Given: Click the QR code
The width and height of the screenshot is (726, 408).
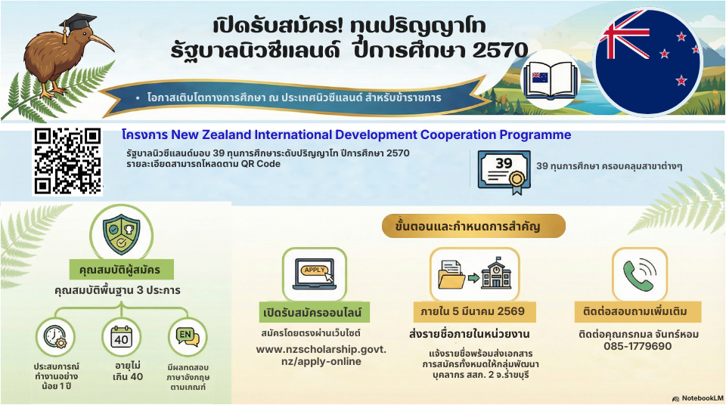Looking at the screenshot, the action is (67, 161).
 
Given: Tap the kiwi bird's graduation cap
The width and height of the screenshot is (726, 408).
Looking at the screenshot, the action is (77, 22).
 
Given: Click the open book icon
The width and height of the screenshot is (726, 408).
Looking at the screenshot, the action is (550, 79).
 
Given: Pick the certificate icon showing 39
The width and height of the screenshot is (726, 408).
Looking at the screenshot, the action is (504, 172).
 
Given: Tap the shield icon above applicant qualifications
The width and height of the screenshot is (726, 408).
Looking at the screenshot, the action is (121, 233).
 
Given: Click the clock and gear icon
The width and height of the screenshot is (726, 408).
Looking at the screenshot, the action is (55, 337).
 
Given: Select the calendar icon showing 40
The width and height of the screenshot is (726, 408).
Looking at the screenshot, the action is (121, 337).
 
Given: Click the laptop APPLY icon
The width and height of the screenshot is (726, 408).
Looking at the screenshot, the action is (315, 274).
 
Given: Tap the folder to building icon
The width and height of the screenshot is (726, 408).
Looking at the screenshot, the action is (474, 274).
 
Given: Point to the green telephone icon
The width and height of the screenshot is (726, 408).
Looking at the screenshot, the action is (640, 274).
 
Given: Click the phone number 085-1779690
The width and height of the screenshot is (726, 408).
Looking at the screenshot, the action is (638, 346).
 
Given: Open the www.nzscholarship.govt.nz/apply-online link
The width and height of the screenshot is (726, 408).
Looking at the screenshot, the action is (321, 355).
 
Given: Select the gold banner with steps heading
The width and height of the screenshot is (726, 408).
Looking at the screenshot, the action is (473, 226).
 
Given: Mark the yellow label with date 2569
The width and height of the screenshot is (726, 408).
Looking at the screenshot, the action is (475, 312).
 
